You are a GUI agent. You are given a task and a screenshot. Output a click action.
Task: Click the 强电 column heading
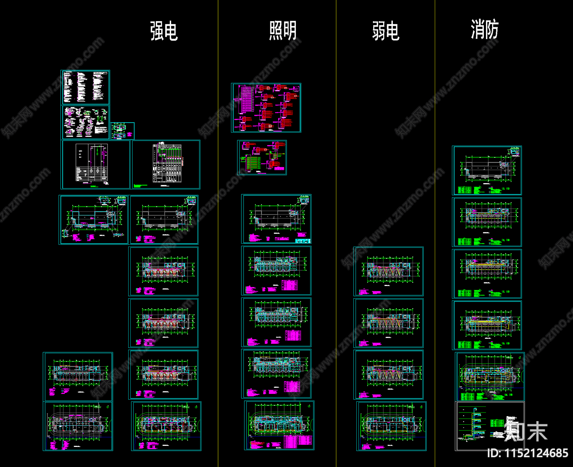tap(164, 31)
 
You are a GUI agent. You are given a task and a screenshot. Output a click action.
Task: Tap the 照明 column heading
tap(283, 31)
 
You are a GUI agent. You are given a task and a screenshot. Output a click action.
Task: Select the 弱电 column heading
tap(385, 31)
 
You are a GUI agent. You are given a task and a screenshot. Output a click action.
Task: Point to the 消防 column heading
tap(484, 29)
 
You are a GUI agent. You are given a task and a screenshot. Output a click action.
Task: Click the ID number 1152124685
tap(528, 453)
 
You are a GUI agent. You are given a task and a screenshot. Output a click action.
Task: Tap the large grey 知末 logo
tap(526, 431)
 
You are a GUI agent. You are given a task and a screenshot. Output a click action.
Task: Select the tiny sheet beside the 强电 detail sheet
tap(122, 131)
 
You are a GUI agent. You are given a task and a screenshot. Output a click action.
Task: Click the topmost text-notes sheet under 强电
tap(85, 87)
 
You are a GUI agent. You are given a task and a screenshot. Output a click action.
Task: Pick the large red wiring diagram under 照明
tap(266, 108)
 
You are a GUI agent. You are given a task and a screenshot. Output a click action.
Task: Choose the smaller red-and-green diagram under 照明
tap(262, 158)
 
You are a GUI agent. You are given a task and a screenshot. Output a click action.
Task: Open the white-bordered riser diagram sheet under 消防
tap(490, 426)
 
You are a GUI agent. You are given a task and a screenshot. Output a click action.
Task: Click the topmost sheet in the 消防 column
tap(487, 171)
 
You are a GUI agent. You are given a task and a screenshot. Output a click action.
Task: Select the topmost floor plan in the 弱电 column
tap(388, 271)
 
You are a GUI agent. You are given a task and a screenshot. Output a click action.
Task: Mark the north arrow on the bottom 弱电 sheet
tap(421, 407)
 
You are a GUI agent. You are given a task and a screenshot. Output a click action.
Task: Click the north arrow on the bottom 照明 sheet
tap(309, 406)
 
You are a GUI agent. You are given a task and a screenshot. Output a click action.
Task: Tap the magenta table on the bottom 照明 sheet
tap(297, 442)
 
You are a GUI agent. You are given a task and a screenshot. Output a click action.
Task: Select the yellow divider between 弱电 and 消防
tap(435, 233)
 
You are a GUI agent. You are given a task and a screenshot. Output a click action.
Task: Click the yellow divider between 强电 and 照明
tap(218, 233)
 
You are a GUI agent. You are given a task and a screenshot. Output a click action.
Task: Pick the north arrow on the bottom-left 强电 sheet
tap(107, 407)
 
